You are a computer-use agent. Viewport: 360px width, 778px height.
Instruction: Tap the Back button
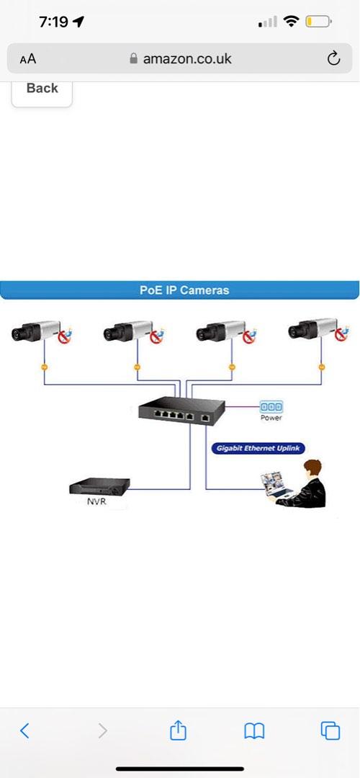click(42, 89)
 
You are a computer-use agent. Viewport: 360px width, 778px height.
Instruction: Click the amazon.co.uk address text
click(187, 59)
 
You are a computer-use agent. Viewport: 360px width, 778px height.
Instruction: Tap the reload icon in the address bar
click(333, 59)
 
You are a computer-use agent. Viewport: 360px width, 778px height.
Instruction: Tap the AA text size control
click(27, 59)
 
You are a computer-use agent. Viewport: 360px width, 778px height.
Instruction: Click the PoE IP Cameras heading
click(184, 290)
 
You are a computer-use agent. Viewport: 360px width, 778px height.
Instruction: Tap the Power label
click(271, 418)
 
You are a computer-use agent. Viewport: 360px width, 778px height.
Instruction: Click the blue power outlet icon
click(271, 407)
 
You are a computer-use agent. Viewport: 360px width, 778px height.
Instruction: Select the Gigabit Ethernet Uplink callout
click(258, 448)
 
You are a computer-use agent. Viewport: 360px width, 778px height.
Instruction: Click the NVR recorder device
click(99, 487)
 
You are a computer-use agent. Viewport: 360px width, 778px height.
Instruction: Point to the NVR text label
click(96, 501)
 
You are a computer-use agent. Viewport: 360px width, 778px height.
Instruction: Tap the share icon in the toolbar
click(178, 731)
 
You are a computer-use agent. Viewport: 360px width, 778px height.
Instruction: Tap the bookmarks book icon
click(253, 731)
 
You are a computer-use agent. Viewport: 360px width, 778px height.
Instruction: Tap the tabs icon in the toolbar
click(330, 731)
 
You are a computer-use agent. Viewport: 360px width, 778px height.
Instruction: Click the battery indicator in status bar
click(318, 22)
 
